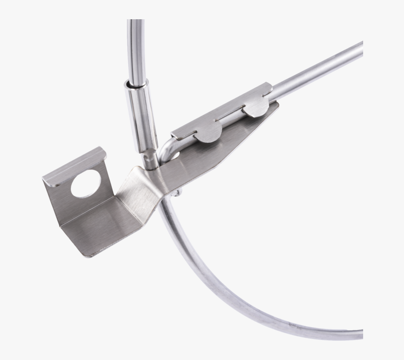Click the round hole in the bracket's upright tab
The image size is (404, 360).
(86, 184)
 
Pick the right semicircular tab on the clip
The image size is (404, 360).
(256, 108)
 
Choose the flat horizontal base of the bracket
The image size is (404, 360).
(99, 230)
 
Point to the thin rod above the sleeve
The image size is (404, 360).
(135, 47)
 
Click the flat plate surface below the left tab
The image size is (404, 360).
(207, 155)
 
